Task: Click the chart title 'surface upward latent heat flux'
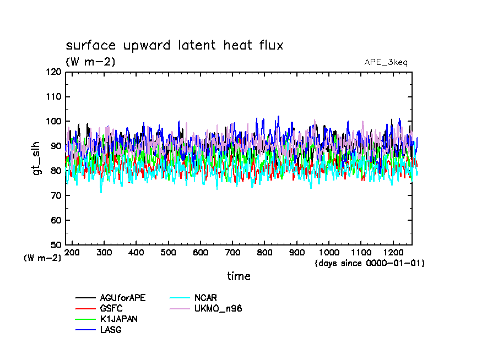[174, 45]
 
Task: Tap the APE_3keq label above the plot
[386, 62]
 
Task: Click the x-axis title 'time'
[239, 276]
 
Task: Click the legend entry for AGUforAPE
[122, 298]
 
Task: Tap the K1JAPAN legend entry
[118, 319]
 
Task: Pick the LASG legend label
[110, 330]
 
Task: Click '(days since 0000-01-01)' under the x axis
[369, 263]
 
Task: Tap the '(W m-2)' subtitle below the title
[90, 62]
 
